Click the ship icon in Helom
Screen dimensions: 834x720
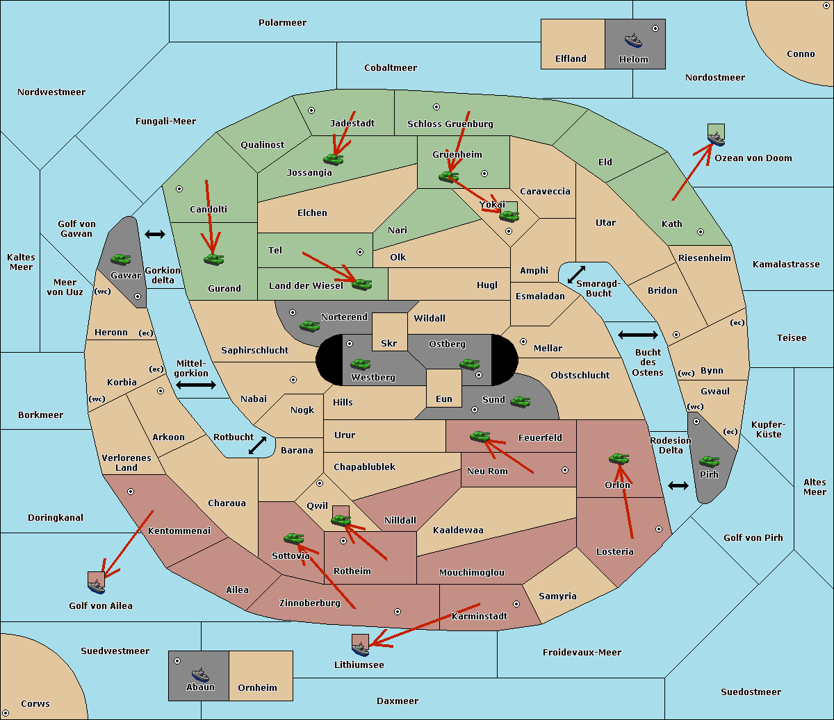click(x=633, y=40)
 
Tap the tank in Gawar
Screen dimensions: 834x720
click(x=121, y=259)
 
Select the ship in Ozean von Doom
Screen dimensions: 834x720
click(x=716, y=139)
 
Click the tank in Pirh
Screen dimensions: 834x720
click(x=709, y=462)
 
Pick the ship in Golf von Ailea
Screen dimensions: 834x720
click(x=97, y=587)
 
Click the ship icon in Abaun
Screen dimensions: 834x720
click(x=200, y=676)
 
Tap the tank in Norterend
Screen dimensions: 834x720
click(x=309, y=326)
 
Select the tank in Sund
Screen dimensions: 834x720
click(x=520, y=402)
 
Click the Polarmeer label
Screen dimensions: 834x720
click(x=282, y=23)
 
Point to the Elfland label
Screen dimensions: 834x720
click(x=571, y=59)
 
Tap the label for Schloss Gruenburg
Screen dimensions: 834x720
click(x=450, y=124)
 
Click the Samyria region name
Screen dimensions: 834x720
click(x=557, y=596)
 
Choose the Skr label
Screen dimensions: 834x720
click(x=389, y=343)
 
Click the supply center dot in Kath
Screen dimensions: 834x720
click(x=701, y=232)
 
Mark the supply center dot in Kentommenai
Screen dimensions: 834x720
click(x=131, y=492)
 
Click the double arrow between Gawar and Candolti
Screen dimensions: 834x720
click(x=155, y=234)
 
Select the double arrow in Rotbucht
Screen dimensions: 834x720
click(x=257, y=446)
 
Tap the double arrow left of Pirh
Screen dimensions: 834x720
click(x=678, y=486)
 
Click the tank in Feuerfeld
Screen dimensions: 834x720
click(x=480, y=436)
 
